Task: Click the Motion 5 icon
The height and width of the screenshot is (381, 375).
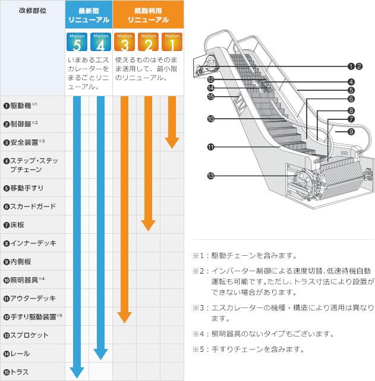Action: coord(77,42)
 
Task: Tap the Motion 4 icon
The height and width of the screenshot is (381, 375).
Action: coord(100,42)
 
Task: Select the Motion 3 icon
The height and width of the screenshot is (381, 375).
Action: coord(124,42)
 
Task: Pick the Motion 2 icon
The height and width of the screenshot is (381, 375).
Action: coord(148,42)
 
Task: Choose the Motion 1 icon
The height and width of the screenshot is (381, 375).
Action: coord(172,42)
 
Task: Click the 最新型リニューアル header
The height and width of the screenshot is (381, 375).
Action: coord(89,15)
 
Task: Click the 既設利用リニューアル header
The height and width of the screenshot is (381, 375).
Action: coord(148,15)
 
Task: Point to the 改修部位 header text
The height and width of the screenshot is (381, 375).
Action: coord(32,11)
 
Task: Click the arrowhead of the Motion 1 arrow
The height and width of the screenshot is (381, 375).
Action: coord(172,142)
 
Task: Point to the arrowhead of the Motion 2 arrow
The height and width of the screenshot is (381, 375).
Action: coord(148,225)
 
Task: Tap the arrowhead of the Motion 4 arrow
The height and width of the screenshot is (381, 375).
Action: coord(100,354)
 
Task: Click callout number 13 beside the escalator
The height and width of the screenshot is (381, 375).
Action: coord(210,175)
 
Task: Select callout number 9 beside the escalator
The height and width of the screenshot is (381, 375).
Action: coord(351,132)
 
